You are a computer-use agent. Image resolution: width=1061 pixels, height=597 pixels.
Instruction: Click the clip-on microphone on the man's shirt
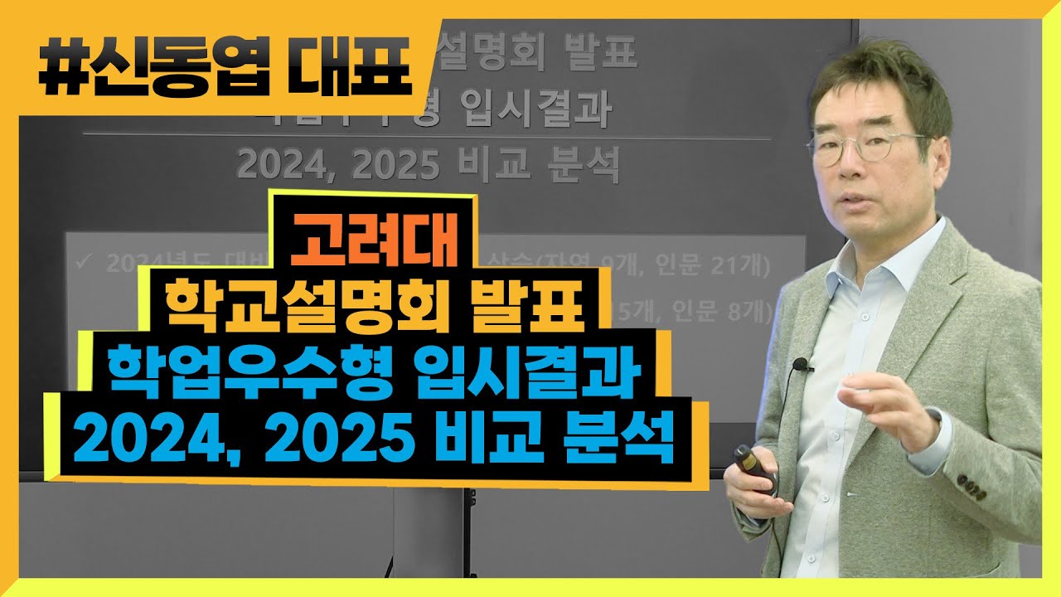tap(800, 364)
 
